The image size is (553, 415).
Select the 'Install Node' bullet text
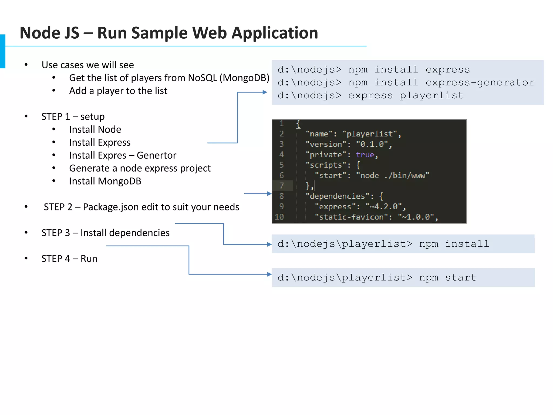pyautogui.click(x=95, y=129)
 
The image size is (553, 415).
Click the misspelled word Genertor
pyautogui.click(x=156, y=155)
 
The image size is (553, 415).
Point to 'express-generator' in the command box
pyautogui.click(x=480, y=83)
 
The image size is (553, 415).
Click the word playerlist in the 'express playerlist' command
pyautogui.click(x=431, y=96)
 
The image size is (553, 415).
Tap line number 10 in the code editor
pyautogui.click(x=279, y=217)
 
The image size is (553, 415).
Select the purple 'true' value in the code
pyautogui.click(x=365, y=155)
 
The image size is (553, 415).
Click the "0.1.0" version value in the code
pyautogui.click(x=372, y=144)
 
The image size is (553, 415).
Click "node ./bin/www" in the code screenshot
pyautogui.click(x=393, y=176)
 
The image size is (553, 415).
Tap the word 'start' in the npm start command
pyautogui.click(x=461, y=278)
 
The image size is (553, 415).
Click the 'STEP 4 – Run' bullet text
pyautogui.click(x=69, y=259)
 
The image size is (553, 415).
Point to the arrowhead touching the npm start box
pyautogui.click(x=269, y=274)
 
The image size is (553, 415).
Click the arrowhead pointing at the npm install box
pyautogui.click(x=269, y=244)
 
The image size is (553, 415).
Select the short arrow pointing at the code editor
pyautogui.click(x=258, y=194)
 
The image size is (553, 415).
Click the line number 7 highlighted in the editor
pyautogui.click(x=282, y=186)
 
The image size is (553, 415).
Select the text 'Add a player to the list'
pyautogui.click(x=118, y=91)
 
